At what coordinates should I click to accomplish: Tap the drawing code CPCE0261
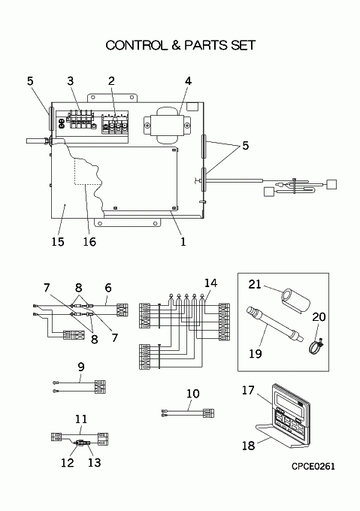point(313,467)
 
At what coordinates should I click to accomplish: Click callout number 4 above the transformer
point(189,81)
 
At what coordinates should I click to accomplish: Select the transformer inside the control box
point(167,125)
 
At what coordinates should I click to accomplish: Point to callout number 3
point(71,81)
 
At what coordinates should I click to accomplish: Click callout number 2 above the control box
point(111,81)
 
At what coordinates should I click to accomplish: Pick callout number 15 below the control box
point(58,241)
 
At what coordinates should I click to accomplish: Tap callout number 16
point(89,241)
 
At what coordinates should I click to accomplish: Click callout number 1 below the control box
point(183,241)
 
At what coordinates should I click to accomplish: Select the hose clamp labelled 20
point(316,346)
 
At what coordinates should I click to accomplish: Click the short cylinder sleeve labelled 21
point(293,301)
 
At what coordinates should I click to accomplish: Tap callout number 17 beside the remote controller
point(248,390)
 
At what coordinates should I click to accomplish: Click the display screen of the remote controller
point(290,401)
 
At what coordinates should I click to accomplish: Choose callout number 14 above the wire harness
point(210,283)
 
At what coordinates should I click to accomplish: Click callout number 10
point(193,393)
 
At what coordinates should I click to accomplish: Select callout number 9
point(81,367)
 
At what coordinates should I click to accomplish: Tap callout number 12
point(67,462)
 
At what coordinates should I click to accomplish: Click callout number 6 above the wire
point(107,288)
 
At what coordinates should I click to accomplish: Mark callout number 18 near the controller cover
point(248,445)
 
